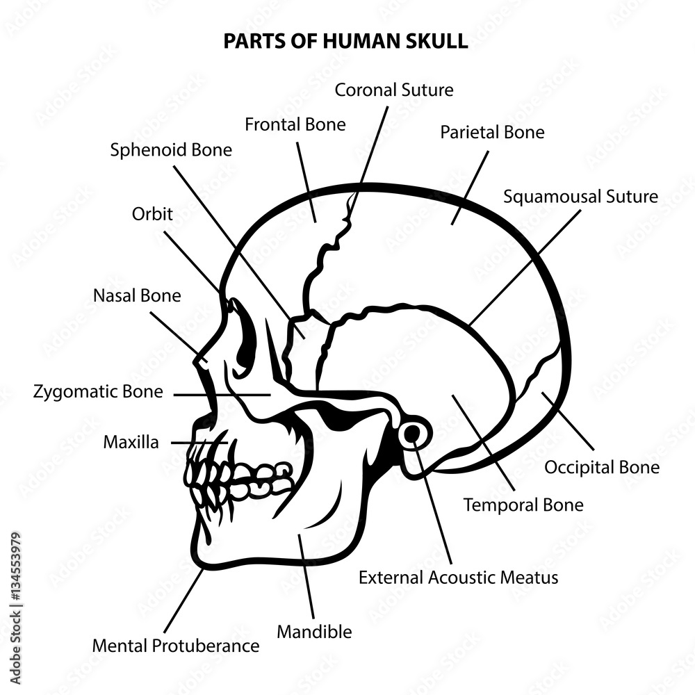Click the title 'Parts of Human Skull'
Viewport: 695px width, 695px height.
pos(345,41)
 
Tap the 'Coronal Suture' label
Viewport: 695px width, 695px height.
pos(394,90)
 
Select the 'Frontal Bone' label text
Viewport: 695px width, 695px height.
pos(295,124)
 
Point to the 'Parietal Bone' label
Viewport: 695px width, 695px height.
pos(492,132)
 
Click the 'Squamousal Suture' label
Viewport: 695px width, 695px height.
pos(580,197)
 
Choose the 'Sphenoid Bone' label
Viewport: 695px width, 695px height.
pos(171,149)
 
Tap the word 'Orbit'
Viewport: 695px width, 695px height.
pos(152,213)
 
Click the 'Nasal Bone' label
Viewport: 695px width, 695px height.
pos(137,295)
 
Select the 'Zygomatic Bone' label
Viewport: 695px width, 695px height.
pos(98,392)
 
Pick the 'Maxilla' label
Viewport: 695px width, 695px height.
pos(131,442)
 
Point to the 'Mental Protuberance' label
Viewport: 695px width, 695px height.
pos(176,646)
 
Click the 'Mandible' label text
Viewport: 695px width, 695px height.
pos(314,632)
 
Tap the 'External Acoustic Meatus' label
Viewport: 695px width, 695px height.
pos(458,577)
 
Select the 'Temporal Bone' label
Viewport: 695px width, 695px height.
pos(523,505)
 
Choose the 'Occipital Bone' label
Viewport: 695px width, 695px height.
pos(601,468)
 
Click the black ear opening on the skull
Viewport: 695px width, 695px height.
pos(413,434)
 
